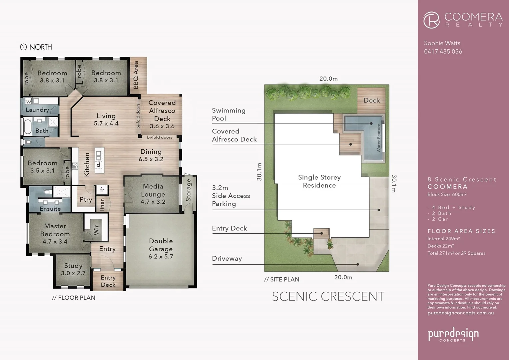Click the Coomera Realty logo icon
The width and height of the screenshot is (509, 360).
[x=432, y=20]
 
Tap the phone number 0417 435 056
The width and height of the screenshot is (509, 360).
[x=443, y=52]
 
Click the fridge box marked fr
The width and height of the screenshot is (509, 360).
[x=102, y=190]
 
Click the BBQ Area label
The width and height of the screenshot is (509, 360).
[x=136, y=75]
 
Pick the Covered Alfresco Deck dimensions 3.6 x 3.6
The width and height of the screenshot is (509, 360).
[x=162, y=126]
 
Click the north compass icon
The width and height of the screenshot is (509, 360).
[x=23, y=47]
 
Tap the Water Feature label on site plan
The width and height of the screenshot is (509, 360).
[x=379, y=138]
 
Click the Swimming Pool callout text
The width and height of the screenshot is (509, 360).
[x=229, y=114]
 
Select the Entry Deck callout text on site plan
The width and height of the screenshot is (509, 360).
[x=229, y=228]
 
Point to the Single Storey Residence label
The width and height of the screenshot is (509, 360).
[x=319, y=181]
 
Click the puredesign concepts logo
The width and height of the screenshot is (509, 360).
[x=453, y=334]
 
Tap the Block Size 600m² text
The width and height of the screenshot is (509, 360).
[x=447, y=194]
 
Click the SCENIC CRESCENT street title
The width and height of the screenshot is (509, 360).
[x=328, y=296]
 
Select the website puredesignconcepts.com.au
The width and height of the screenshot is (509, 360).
[x=460, y=313]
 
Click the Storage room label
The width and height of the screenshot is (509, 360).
[x=189, y=190]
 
